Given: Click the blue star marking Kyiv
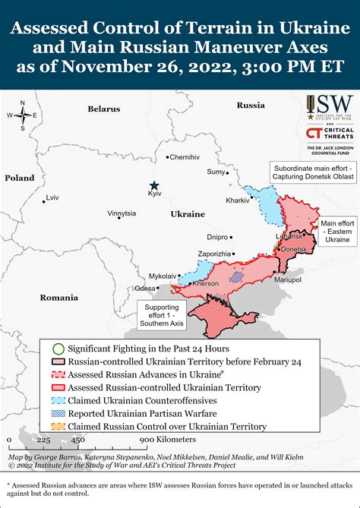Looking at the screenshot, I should (154, 185).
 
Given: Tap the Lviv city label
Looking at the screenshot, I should (52, 197).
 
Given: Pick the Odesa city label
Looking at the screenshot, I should (145, 288).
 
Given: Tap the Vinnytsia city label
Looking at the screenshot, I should (122, 213).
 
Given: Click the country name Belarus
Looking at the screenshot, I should (103, 109).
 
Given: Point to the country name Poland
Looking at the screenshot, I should (20, 178).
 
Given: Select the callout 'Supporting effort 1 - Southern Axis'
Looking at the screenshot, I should (161, 314).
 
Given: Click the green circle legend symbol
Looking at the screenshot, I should (57, 348).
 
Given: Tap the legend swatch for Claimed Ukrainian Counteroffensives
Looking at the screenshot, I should (57, 399).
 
